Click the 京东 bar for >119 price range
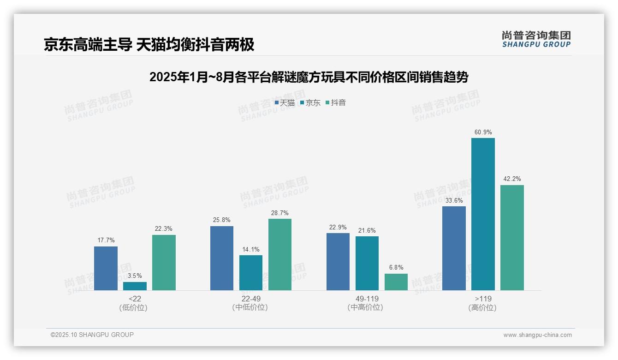(x=483, y=214)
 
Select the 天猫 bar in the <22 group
(x=106, y=268)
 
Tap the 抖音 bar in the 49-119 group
(x=396, y=282)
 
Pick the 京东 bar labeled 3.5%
(x=135, y=286)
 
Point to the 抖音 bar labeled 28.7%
(x=280, y=254)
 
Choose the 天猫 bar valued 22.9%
(x=338, y=262)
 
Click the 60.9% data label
(x=483, y=132)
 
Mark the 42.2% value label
(x=512, y=179)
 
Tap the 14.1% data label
(x=251, y=250)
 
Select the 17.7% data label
(x=106, y=240)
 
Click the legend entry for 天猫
(x=285, y=103)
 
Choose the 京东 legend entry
(x=310, y=103)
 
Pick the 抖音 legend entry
(x=336, y=103)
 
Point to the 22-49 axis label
(x=251, y=299)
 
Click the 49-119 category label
(x=367, y=299)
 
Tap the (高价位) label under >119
(x=483, y=308)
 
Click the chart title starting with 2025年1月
(x=309, y=78)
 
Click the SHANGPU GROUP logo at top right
(x=536, y=39)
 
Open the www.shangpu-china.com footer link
(x=537, y=335)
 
